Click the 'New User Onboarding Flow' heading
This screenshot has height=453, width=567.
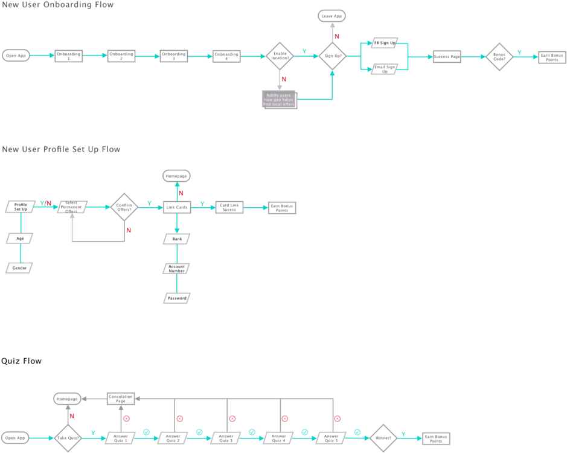point(57,5)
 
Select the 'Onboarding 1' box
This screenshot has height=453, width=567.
point(69,56)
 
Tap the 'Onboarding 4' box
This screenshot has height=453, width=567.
point(226,56)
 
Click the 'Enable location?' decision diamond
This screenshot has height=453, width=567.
point(280,56)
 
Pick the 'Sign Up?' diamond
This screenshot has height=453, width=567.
point(333,56)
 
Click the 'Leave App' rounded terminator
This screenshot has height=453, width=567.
point(332,16)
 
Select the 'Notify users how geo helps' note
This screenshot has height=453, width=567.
point(279,99)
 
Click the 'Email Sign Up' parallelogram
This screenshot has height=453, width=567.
point(384,69)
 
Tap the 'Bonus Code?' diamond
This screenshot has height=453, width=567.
point(499,56)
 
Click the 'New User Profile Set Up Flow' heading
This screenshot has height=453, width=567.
point(61,149)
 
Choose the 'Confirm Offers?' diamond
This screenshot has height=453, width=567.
point(124,207)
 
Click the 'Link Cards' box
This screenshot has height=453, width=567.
point(177,207)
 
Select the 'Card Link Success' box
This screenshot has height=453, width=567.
point(229,207)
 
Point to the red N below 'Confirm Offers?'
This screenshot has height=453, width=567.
point(129,231)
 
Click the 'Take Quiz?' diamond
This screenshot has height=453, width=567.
point(68,438)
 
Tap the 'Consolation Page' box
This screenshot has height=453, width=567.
point(121,399)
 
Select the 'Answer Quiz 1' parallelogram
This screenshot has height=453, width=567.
point(120,438)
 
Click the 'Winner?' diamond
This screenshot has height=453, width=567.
point(382,438)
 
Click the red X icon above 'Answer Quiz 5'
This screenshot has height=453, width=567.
point(338,419)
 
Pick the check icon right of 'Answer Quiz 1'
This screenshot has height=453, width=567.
point(146,432)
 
